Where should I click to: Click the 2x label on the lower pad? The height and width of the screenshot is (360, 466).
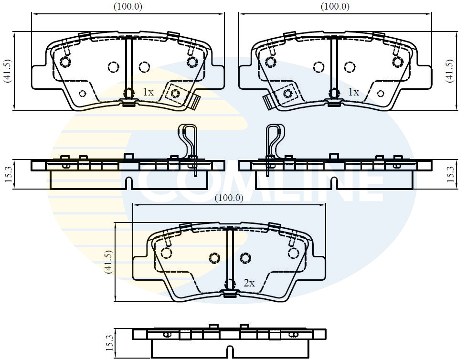249,283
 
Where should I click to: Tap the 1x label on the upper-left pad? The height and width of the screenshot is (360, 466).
148,92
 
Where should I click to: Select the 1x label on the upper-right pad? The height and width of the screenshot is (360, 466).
353,92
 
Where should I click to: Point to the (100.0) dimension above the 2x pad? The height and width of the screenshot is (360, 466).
229,198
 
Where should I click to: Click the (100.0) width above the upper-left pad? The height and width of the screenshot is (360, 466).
127,7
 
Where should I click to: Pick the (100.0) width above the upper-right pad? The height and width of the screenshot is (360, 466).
335,7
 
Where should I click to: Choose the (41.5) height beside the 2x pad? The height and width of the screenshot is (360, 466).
108,262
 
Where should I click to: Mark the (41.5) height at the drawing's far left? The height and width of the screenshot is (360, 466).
7,71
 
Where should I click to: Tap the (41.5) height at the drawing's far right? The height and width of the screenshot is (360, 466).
449,71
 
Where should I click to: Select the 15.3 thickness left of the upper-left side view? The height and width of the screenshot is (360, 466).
8,174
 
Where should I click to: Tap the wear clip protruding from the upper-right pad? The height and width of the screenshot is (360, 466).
268,102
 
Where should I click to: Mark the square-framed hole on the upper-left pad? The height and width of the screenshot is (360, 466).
175,93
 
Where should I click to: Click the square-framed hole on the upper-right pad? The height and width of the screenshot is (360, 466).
288,94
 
